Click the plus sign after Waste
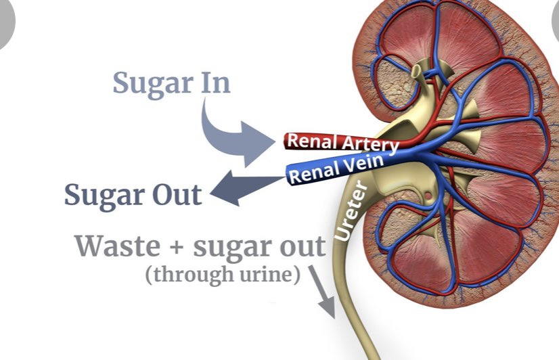click(177, 247)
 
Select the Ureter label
click(351, 210)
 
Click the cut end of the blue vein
click(289, 177)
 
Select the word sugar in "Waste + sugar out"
click(229, 247)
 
